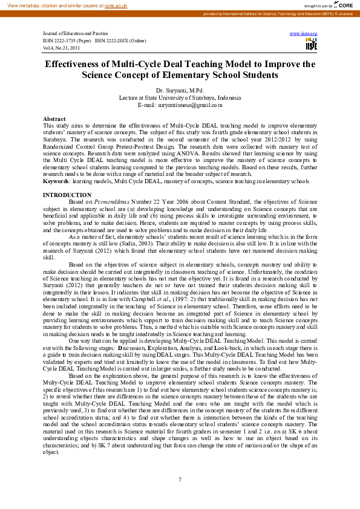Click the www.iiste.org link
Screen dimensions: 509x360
click(304, 34)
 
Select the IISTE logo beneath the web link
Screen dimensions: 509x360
click(311, 44)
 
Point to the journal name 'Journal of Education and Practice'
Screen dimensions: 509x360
click(76, 34)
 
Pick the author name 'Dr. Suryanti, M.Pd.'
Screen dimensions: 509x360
click(180, 90)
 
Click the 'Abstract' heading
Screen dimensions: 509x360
click(54, 119)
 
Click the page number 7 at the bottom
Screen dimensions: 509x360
click(180, 479)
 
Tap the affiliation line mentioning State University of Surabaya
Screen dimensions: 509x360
click(180, 97)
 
